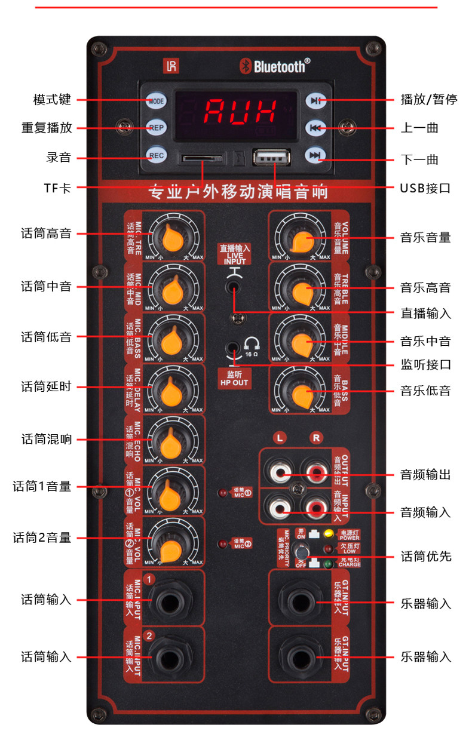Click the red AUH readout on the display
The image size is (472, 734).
point(241,110)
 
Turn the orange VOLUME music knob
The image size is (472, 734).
point(299,238)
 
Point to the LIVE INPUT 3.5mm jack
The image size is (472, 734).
point(234,287)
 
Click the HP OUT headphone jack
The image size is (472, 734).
point(232,347)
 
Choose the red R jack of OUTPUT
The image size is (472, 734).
point(315,473)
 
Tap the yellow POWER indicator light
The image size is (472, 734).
point(327,533)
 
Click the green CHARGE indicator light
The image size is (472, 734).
point(327,563)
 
